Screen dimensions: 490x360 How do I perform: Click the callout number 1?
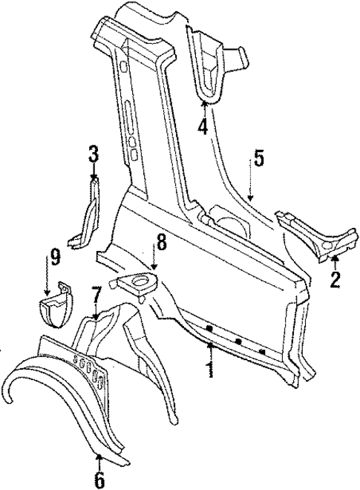[x=210, y=368]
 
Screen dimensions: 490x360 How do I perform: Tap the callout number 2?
[x=335, y=279]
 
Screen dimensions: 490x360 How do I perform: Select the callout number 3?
[x=93, y=155]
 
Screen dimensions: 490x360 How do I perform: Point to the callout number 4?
[x=203, y=127]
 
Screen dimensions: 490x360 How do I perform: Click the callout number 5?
[x=258, y=157]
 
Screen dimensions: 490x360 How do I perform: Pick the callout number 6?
[x=99, y=480]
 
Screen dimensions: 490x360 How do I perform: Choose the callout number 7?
[x=96, y=295]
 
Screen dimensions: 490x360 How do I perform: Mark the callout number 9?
[x=55, y=259]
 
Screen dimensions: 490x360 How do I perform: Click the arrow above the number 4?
[x=203, y=108]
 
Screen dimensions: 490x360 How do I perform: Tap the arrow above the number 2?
[x=335, y=260]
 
